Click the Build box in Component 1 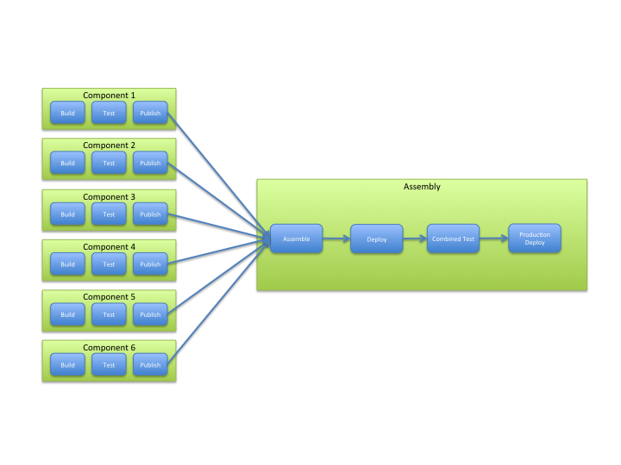(x=67, y=113)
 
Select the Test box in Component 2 (x=109, y=163)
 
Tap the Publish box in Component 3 (x=150, y=214)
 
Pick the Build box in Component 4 (x=67, y=263)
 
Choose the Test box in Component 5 (x=109, y=314)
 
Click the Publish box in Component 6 (x=150, y=364)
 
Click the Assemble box (x=296, y=239)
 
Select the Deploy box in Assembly (x=376, y=239)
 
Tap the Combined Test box (x=453, y=239)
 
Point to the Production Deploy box (x=535, y=239)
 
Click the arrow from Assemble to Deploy (x=336, y=239)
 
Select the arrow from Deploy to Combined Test (x=415, y=239)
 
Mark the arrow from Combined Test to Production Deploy (x=493, y=239)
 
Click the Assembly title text (x=422, y=187)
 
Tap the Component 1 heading (x=109, y=96)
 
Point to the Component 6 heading (x=109, y=348)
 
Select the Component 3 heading (x=109, y=196)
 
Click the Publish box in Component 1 (x=150, y=113)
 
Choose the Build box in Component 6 (x=67, y=364)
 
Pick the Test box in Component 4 (x=109, y=263)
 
